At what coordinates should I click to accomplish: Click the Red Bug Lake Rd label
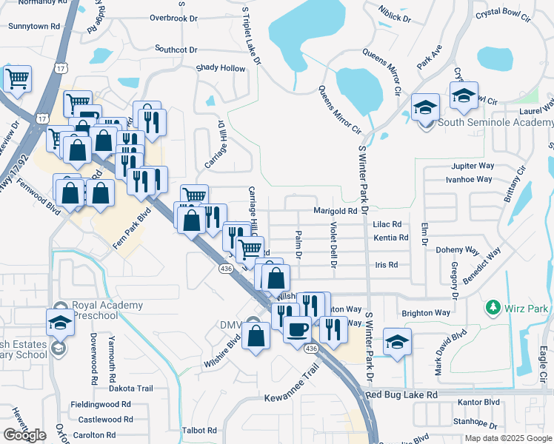[x=406, y=396]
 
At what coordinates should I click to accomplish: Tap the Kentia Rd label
[x=391, y=238]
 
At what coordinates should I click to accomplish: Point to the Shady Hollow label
[x=220, y=68]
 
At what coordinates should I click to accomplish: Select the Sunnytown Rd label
[x=33, y=26]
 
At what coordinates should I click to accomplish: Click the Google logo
[x=24, y=435]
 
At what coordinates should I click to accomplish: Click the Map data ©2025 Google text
[x=508, y=438]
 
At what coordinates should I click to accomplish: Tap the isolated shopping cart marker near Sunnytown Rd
[x=17, y=78]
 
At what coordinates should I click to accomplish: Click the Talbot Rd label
[x=199, y=430]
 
